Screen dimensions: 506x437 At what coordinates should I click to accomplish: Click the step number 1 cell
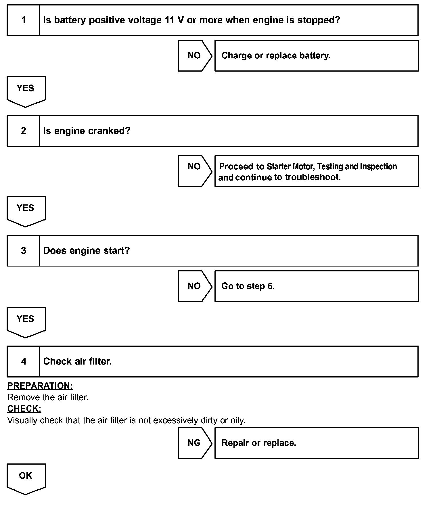pyautogui.click(x=23, y=20)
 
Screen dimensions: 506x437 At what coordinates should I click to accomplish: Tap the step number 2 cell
pyautogui.click(x=23, y=131)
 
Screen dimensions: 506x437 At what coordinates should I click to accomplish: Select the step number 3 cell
pyautogui.click(x=23, y=251)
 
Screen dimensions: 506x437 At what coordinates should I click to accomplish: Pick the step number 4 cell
pyautogui.click(x=23, y=361)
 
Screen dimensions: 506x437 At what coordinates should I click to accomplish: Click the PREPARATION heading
pyautogui.click(x=40, y=386)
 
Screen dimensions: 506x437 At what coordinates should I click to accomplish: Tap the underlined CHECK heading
pyautogui.click(x=24, y=409)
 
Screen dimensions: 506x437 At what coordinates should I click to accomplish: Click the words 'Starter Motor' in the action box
pyautogui.click(x=291, y=166)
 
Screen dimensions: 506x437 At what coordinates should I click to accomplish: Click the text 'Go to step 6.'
pyautogui.click(x=248, y=286)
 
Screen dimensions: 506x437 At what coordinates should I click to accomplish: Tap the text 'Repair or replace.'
pyautogui.click(x=259, y=443)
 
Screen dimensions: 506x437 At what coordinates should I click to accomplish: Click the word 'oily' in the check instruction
pyautogui.click(x=237, y=420)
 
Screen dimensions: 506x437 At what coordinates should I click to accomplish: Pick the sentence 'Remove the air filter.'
pyautogui.click(x=48, y=397)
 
